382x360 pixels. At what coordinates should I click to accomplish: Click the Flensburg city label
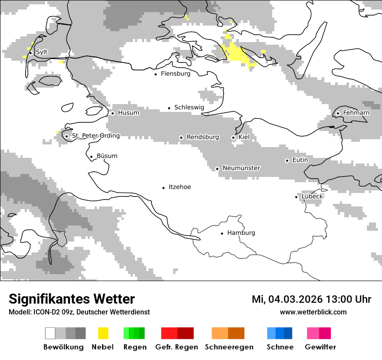click(175, 74)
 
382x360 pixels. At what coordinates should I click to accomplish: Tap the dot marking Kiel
click(233, 137)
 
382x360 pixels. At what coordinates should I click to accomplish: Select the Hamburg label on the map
click(241, 233)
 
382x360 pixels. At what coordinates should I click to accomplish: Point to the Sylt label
click(42, 52)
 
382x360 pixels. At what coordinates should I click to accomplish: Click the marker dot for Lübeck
click(296, 197)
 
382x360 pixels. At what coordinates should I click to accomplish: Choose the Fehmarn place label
click(356, 113)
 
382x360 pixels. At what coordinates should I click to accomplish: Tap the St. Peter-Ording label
click(95, 136)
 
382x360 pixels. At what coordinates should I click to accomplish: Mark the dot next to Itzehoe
click(164, 188)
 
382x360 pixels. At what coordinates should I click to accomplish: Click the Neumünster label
click(241, 168)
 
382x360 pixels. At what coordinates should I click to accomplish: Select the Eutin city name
click(300, 160)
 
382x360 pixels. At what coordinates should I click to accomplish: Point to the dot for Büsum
click(91, 157)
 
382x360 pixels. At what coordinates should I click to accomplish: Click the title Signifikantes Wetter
click(72, 299)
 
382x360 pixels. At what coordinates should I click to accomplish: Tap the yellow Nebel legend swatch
click(103, 333)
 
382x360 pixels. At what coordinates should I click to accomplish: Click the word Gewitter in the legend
click(320, 347)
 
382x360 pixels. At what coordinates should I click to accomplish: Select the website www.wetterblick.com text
click(313, 312)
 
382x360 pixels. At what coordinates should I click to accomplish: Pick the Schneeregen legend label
click(229, 347)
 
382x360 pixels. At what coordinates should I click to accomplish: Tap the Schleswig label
click(189, 107)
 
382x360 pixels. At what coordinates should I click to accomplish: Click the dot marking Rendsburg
click(181, 137)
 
